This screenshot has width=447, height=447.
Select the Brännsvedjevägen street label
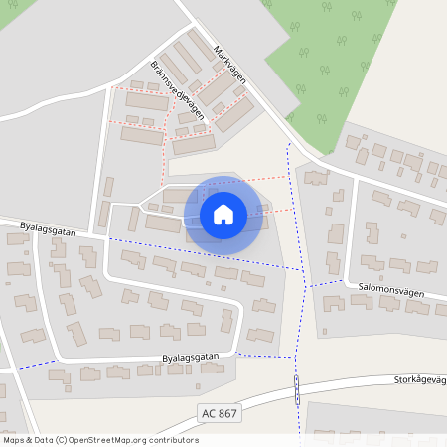pos(178,88)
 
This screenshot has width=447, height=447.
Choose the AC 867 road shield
pos(219,412)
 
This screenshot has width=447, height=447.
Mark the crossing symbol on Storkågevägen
pos(297,390)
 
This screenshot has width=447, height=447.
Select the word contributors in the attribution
pos(168,439)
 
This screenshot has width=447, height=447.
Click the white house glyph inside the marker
pos(223,215)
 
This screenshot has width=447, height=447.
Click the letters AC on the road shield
pos(207,412)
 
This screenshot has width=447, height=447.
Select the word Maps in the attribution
pos(14,439)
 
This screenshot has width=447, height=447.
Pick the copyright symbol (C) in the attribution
pos(61,439)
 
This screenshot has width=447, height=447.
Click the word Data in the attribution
pos(43,439)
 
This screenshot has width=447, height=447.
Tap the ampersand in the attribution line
pos(29,439)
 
